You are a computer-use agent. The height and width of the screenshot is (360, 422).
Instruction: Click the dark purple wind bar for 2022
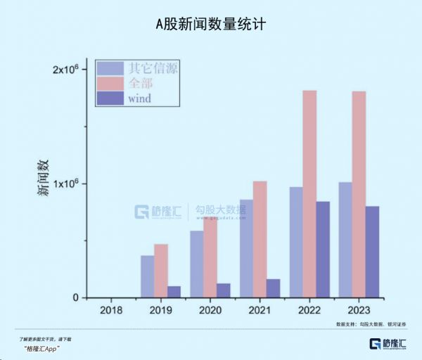[323, 250]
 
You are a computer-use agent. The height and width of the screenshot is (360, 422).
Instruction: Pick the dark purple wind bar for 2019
[174, 292]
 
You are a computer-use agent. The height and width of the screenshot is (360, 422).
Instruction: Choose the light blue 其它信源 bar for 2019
[147, 276]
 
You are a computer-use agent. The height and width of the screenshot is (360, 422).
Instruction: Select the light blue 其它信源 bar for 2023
[345, 240]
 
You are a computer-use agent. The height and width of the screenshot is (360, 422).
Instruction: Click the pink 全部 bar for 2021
[260, 239]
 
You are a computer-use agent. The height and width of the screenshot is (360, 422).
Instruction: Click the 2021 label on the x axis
[260, 310]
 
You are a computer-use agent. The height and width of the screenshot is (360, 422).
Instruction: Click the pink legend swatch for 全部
[110, 84]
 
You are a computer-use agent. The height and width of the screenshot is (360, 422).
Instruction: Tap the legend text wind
[141, 98]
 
